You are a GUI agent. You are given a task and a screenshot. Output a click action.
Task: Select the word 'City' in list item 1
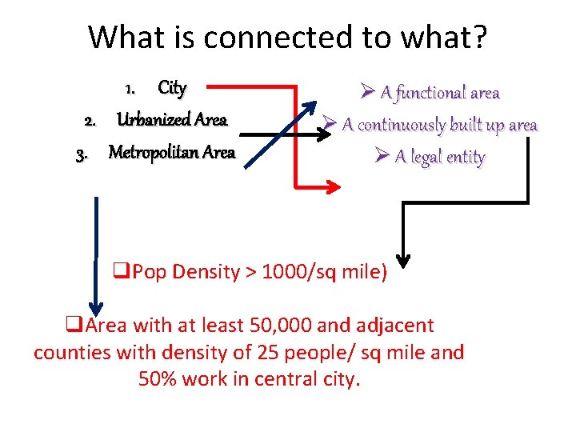coord(172,87)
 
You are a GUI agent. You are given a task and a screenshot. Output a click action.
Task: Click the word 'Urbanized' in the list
coord(152,120)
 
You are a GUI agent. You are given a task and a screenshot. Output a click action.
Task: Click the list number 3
coord(81,154)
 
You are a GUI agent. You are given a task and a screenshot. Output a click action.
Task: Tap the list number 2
coord(91,122)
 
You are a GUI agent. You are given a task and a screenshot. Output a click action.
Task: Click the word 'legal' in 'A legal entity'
coord(424,157)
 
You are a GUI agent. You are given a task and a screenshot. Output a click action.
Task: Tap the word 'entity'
coord(466,158)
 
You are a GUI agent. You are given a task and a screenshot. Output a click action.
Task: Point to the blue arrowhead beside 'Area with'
coord(96,310)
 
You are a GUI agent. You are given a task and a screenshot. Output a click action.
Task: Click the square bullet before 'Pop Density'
coord(124,272)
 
